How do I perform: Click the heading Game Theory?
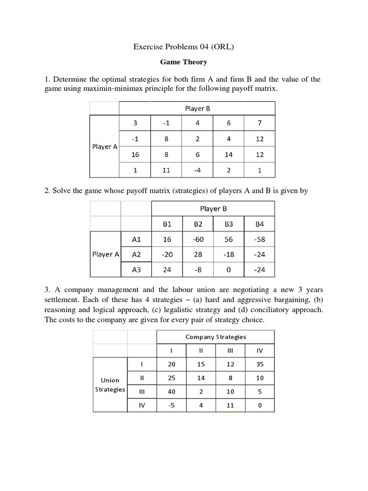pos(184,62)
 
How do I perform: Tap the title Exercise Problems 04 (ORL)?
pos(184,47)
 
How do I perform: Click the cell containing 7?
pos(259,123)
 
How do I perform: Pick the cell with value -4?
pos(197,169)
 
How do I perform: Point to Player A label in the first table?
pos(104,147)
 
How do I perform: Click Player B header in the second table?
pos(213,209)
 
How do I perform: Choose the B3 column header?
pos(229,223)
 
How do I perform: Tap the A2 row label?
pos(137,254)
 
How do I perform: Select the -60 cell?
pos(198,239)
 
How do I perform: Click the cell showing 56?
pos(229,239)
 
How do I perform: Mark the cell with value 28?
pos(198,254)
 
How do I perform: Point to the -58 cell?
pos(259,239)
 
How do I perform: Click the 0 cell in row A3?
pos(229,269)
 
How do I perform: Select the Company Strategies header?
pos(216,337)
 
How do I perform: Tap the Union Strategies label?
pos(110,385)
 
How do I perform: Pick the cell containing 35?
pos(260,364)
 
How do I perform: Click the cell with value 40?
pos(172,391)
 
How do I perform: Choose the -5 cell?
pos(172,405)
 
